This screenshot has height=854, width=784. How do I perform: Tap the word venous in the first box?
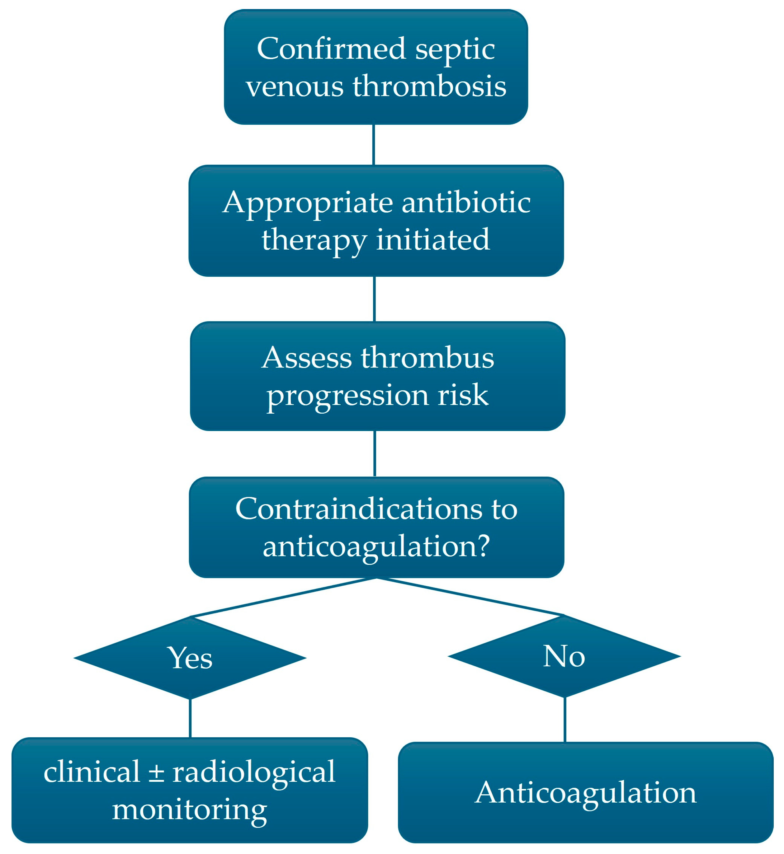[x=295, y=86]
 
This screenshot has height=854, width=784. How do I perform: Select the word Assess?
[x=307, y=358]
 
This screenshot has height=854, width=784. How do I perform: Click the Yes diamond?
[x=190, y=658]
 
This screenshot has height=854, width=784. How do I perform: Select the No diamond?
[x=564, y=656]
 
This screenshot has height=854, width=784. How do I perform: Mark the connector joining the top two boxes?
[x=373, y=145]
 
